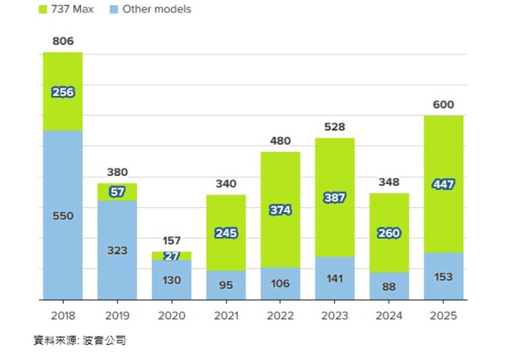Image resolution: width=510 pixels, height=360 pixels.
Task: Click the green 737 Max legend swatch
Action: pos(43,10)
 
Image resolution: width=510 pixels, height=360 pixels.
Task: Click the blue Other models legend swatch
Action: pos(114,10)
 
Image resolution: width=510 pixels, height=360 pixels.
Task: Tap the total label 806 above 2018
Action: pos(63,41)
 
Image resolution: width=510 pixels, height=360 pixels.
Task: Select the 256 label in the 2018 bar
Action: pos(63,92)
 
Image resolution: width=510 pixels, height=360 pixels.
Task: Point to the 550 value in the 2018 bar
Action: pos(63,216)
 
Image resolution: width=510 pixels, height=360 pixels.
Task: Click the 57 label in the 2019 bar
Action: pos(117,192)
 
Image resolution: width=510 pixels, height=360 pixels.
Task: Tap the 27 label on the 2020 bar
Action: pos(172,256)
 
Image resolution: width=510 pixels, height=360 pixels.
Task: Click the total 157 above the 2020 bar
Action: pos(172,240)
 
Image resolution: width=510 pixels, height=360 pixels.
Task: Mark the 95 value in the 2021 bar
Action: pos(226,285)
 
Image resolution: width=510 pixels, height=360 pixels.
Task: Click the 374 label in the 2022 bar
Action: pos(280,210)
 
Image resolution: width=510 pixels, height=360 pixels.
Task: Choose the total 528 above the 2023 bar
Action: pos(335,127)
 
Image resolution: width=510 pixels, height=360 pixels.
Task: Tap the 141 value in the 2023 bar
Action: pos(335,278)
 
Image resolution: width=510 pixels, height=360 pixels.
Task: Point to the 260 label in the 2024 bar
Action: pos(389,233)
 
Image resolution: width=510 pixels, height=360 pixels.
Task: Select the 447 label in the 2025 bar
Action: pos(443,185)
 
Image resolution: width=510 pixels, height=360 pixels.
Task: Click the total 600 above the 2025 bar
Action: pos(443,105)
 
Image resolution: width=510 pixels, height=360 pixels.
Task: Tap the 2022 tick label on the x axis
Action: pos(280,316)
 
